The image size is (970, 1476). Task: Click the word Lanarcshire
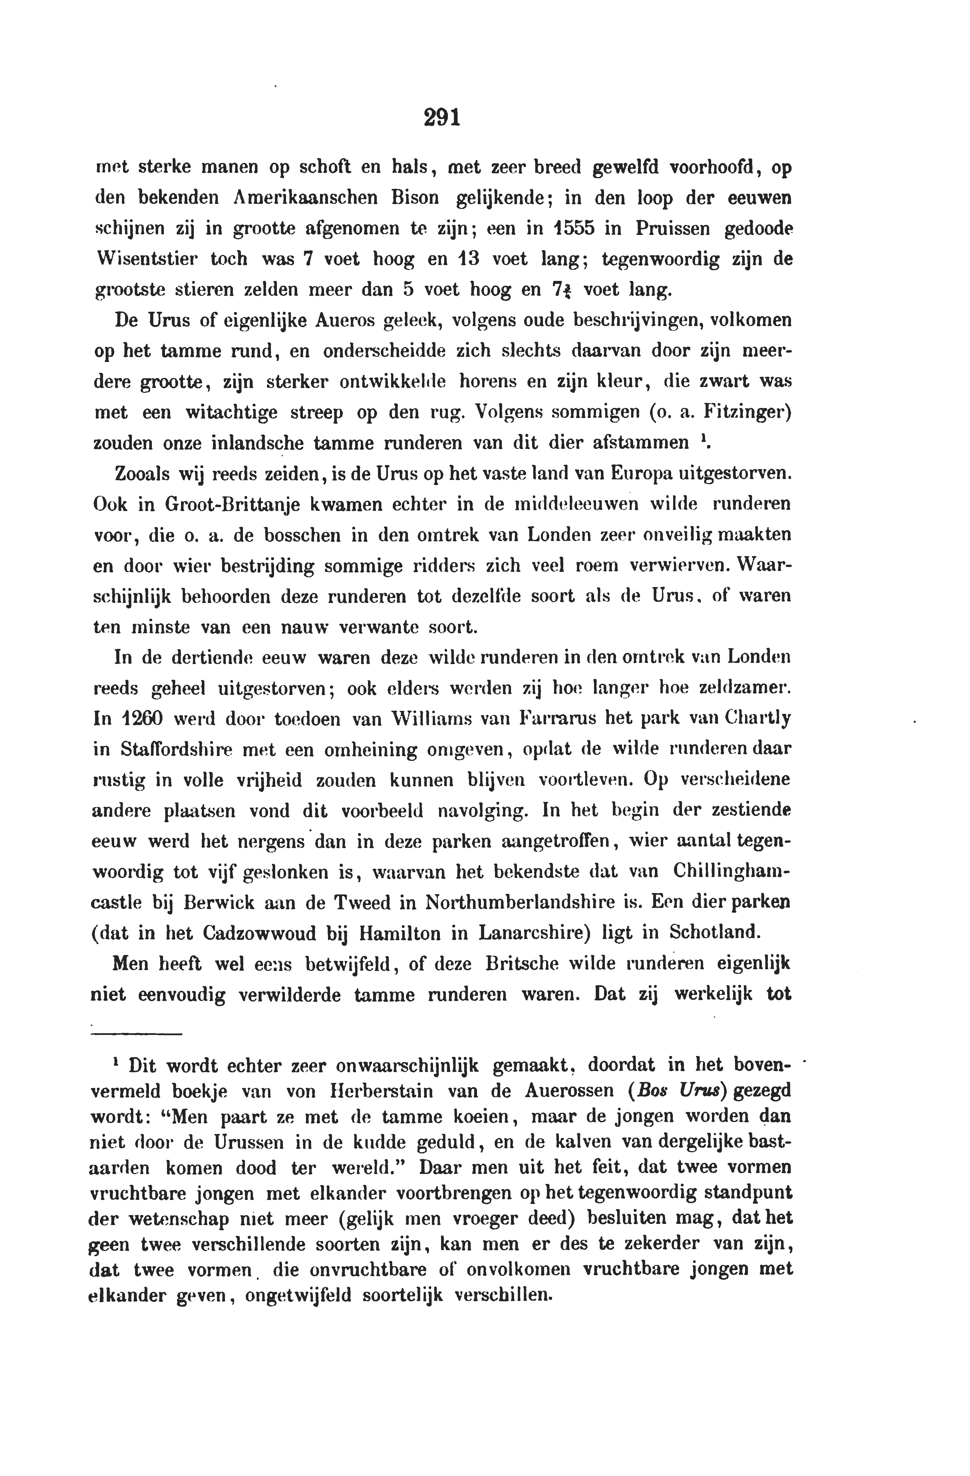[x=500, y=933]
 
